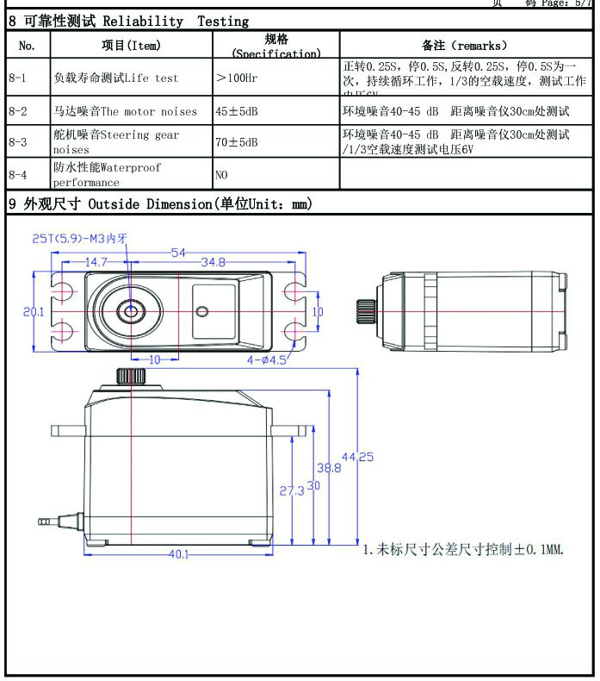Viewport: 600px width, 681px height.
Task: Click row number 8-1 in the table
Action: point(17,78)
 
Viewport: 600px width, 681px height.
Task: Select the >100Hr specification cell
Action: point(240,78)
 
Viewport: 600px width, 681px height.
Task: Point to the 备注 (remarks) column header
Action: point(465,45)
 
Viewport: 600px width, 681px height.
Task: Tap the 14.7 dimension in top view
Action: point(96,262)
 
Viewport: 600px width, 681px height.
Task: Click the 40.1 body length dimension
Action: point(178,554)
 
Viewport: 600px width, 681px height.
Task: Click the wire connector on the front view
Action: point(44,521)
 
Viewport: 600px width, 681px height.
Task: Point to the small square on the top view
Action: point(203,312)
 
